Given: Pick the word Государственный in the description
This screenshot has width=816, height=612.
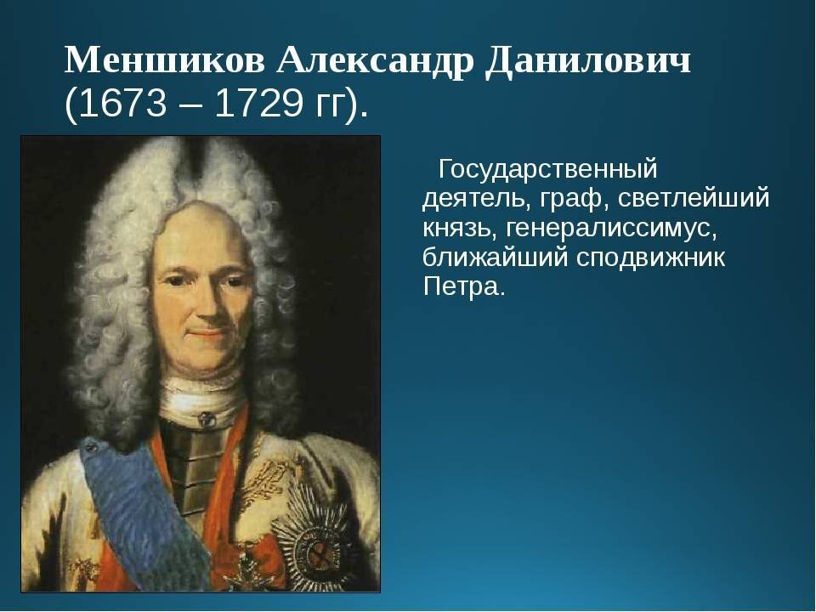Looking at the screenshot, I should pos(548,169).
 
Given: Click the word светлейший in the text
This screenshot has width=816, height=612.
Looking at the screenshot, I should pos(694,199).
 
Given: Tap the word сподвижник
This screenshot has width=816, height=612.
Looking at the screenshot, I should pos(651,258).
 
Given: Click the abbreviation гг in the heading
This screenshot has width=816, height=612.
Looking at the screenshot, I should pos(331,105).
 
